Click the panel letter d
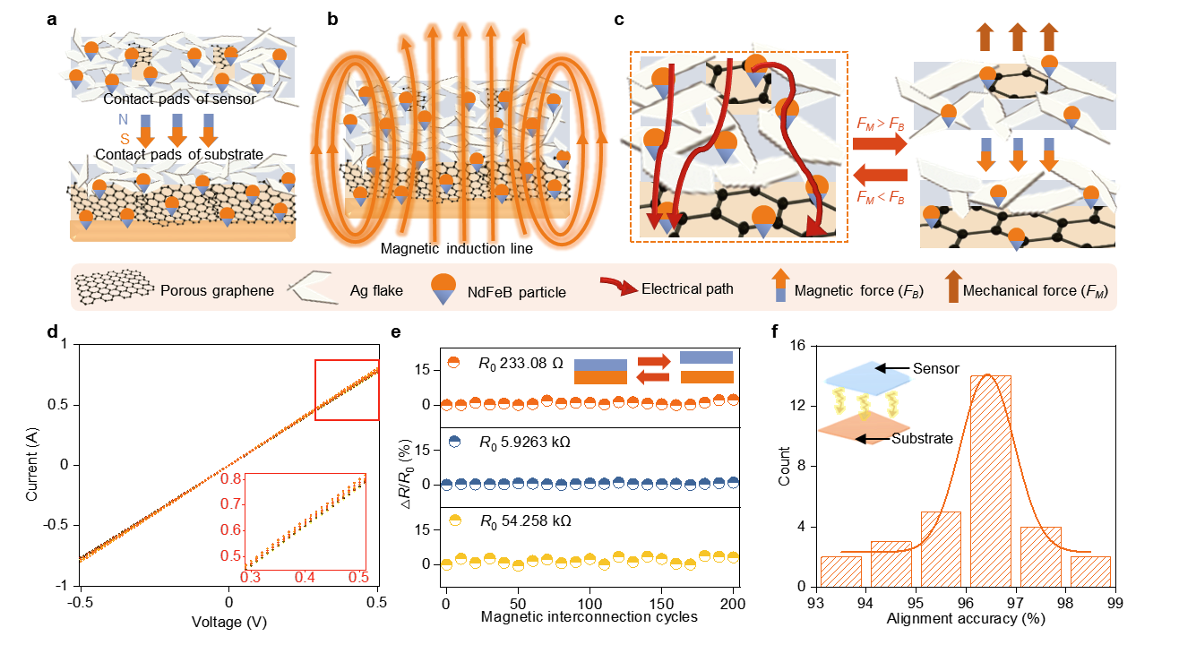point(52,332)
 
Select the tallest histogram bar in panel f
point(991,481)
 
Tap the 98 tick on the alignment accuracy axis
point(1065,603)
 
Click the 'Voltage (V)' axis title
point(229,623)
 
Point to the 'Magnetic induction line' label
point(456,248)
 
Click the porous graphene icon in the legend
point(115,287)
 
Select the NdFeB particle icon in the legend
point(443,288)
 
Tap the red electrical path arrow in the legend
point(619,286)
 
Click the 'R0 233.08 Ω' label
point(521,364)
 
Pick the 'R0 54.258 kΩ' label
point(525,521)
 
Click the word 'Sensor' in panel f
point(936,368)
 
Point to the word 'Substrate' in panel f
point(922,438)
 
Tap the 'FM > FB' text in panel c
point(880,125)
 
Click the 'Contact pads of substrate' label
point(179,154)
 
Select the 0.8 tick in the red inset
point(230,478)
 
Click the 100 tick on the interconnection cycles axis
point(589,604)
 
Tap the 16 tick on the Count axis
point(798,346)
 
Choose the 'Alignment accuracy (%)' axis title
point(966,619)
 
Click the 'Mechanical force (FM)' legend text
point(1036,291)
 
